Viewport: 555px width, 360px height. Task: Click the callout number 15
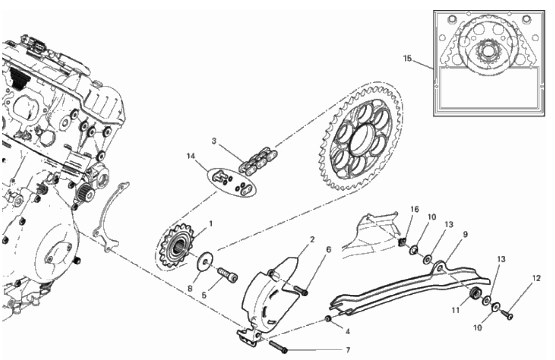pyautogui.click(x=407, y=58)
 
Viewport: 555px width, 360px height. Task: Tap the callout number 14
pyautogui.click(x=191, y=156)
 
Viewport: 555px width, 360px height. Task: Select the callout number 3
pyautogui.click(x=214, y=141)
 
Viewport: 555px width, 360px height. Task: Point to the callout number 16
pyautogui.click(x=415, y=209)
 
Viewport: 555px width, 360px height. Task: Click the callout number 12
pyautogui.click(x=536, y=278)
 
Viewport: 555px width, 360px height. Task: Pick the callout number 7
pyautogui.click(x=348, y=350)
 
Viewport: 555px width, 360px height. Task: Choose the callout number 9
pyautogui.click(x=465, y=234)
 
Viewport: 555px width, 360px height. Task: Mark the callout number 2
pyautogui.click(x=312, y=240)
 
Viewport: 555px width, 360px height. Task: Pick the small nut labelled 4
pyautogui.click(x=328, y=319)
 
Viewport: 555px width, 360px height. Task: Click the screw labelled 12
pyautogui.click(x=507, y=314)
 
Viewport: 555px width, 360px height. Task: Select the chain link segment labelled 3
pyautogui.click(x=259, y=161)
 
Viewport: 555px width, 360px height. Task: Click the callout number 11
pyautogui.click(x=455, y=310)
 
